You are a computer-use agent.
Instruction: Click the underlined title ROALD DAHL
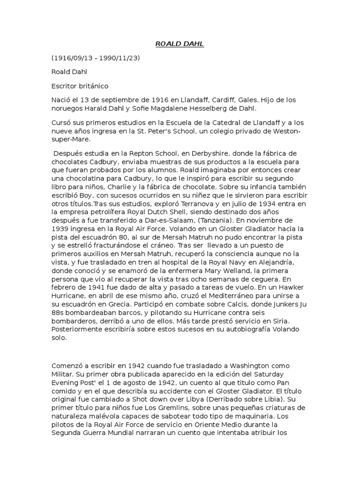point(180,44)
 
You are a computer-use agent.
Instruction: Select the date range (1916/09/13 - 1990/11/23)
point(95,58)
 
